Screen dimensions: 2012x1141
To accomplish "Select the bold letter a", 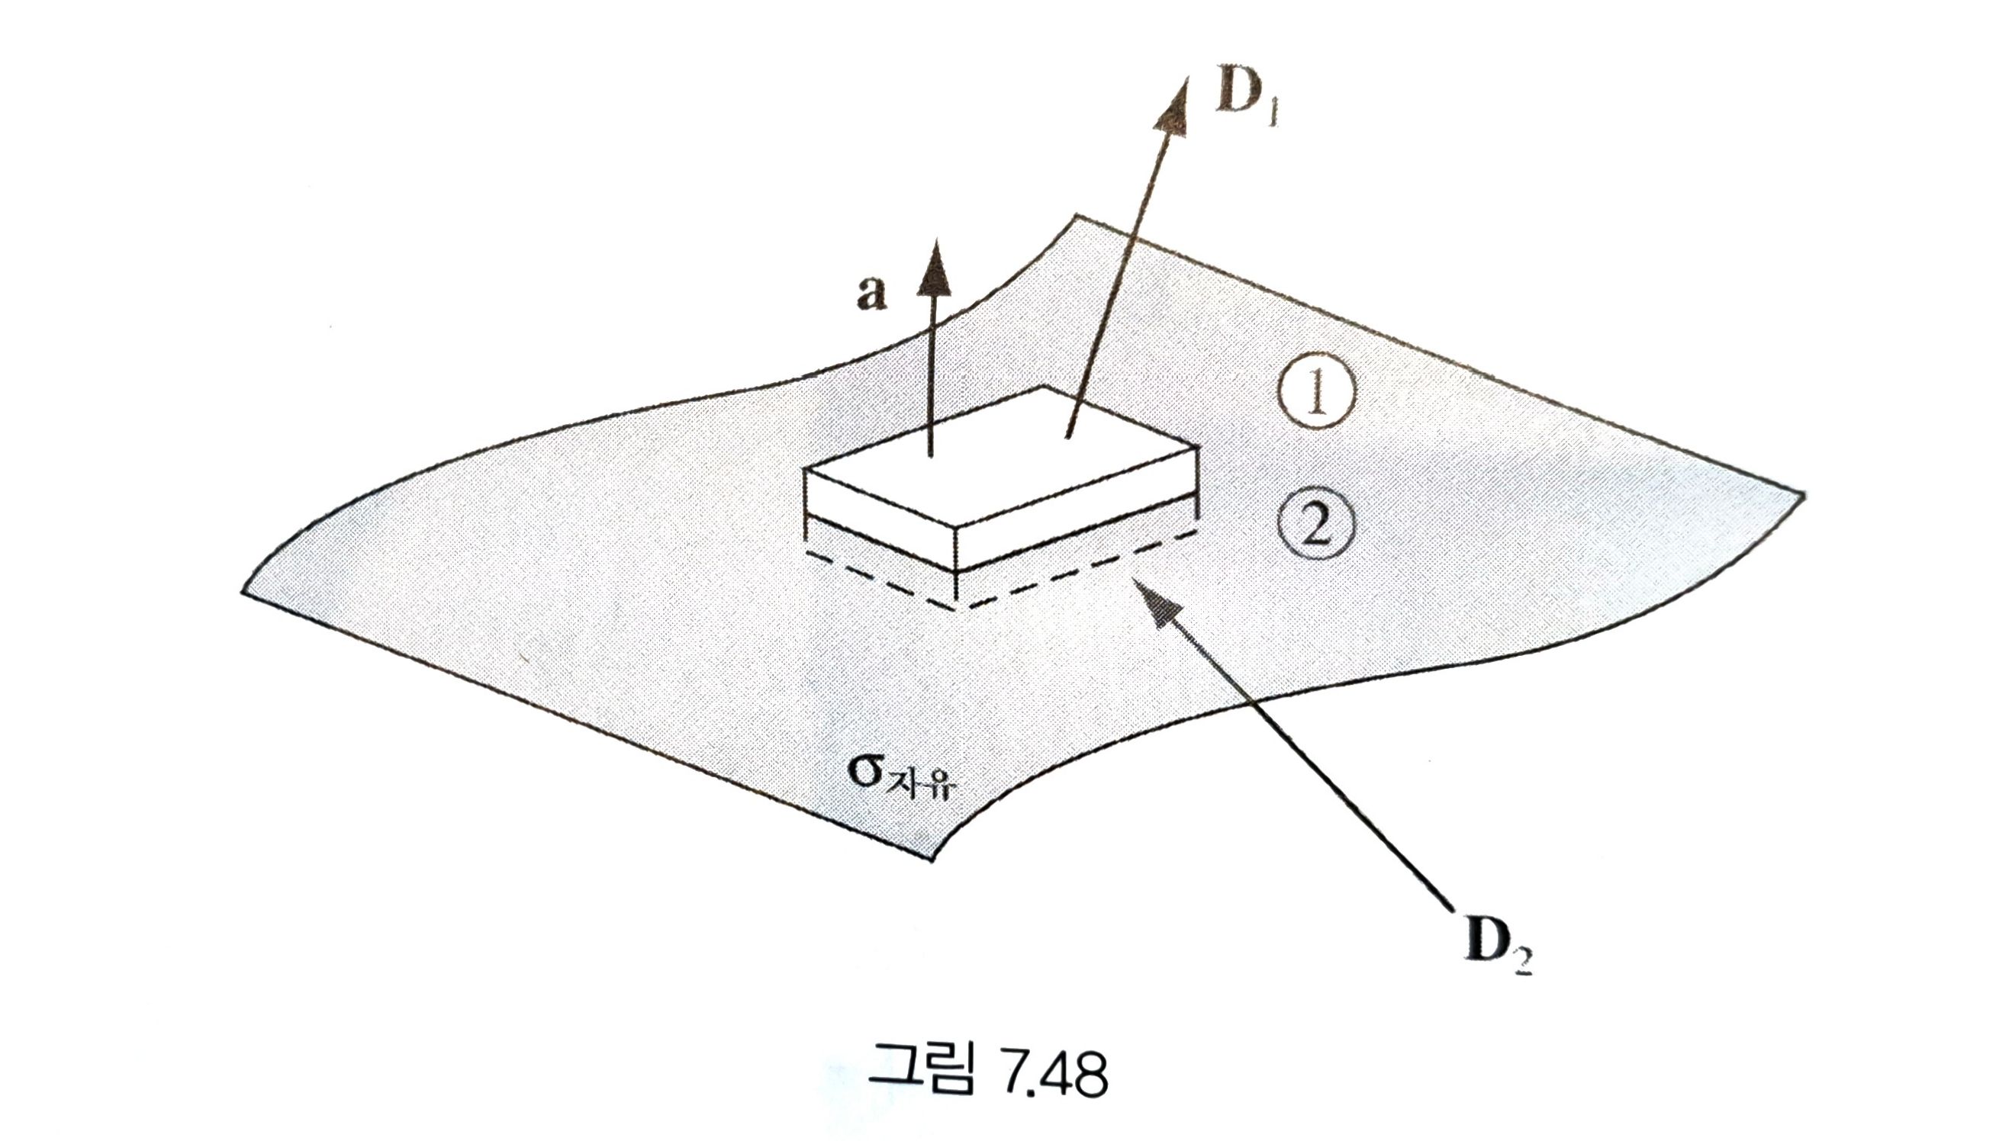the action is [x=871, y=294].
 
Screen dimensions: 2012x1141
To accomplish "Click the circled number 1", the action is [x=1316, y=397].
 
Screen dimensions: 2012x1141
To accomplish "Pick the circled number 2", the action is [x=1316, y=523].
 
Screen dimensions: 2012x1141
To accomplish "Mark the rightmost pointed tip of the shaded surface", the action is [x=1804, y=495].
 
